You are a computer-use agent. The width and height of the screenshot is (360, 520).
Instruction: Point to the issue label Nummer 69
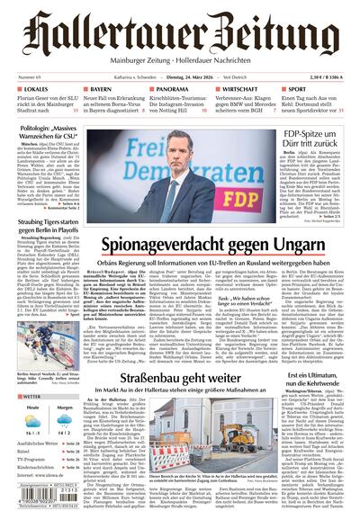[30, 78]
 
